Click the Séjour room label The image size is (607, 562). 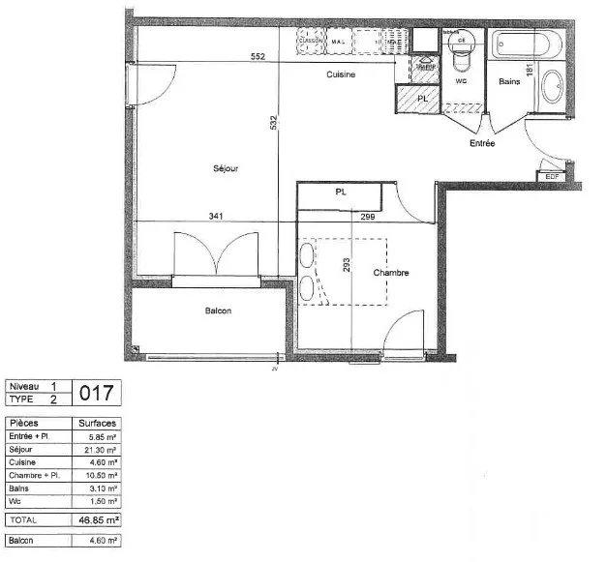(226, 169)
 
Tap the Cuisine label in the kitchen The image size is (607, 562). (341, 74)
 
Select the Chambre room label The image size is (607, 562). (391, 273)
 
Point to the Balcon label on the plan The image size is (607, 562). (218, 311)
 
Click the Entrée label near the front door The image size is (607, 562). (481, 143)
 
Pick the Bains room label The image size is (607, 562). (509, 81)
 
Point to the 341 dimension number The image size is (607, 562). (216, 217)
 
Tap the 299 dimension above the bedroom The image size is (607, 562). (368, 217)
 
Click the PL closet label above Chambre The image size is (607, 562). (341, 192)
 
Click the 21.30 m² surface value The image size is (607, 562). (98, 450)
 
